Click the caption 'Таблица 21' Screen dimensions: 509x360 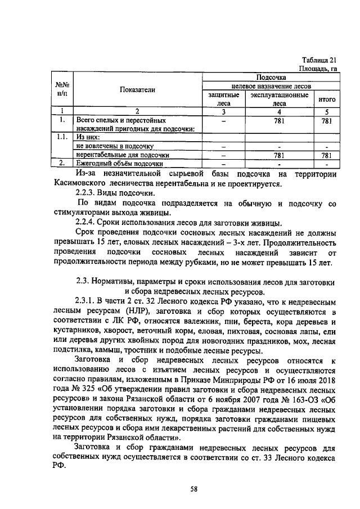pos(319,60)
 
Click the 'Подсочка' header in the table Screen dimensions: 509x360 pos(271,77)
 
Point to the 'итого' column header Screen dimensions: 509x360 pos(327,99)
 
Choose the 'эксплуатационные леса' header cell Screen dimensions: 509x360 pos(279,99)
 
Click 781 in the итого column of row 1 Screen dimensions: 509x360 pos(327,120)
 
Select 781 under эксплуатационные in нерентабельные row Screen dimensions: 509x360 pos(279,155)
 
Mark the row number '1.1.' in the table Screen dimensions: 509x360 pos(63,136)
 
